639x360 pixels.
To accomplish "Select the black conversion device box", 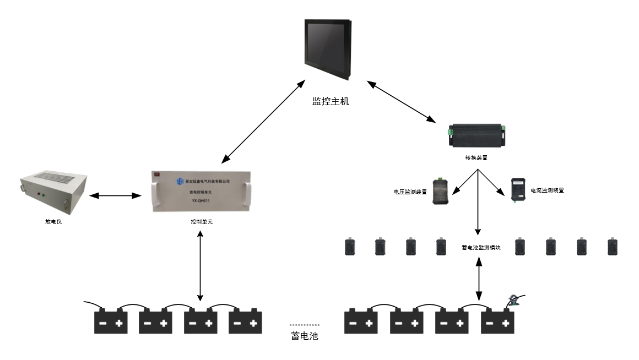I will (x=477, y=134).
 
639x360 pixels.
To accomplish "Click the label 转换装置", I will (x=476, y=157).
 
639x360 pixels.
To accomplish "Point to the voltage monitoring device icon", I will (x=440, y=190).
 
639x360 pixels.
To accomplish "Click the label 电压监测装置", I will (x=410, y=192).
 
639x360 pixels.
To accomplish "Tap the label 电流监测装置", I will (x=547, y=190).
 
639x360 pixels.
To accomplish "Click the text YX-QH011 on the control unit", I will (x=201, y=201).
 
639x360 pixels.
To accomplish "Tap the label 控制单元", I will (x=200, y=222).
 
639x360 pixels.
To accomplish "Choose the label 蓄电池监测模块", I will (x=480, y=248).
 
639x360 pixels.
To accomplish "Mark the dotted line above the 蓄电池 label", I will (x=305, y=325).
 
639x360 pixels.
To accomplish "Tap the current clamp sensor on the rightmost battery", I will (x=515, y=300).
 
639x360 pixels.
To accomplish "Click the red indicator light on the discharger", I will (x=37, y=194).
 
